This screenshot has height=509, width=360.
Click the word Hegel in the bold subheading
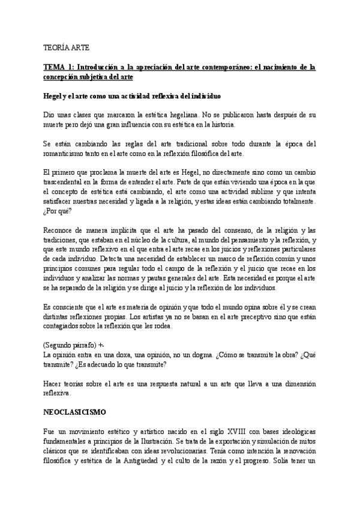pyautogui.click(x=54, y=95)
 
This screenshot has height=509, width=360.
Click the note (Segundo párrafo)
pyautogui.click(x=74, y=346)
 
